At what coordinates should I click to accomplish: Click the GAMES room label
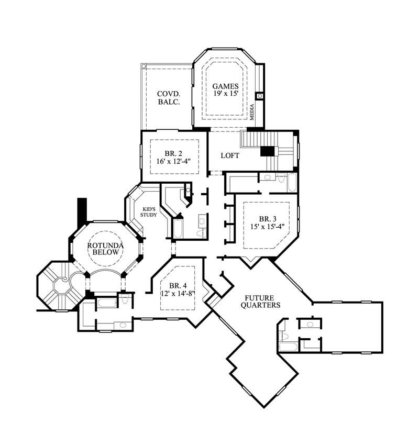click(x=225, y=86)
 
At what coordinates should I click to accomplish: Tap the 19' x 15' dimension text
click(x=225, y=94)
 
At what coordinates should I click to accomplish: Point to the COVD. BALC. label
click(x=169, y=98)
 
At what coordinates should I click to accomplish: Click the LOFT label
click(x=230, y=155)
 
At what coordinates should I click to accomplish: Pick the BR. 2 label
click(x=172, y=153)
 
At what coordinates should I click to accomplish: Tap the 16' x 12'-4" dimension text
click(x=172, y=161)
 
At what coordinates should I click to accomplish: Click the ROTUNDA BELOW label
click(x=105, y=248)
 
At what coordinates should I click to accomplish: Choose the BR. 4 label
click(x=179, y=285)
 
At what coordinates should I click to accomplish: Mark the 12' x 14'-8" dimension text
click(x=178, y=294)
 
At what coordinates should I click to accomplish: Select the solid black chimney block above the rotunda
click(x=82, y=210)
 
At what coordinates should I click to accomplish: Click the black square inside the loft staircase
click(x=268, y=150)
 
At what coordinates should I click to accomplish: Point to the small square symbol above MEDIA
click(x=259, y=96)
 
